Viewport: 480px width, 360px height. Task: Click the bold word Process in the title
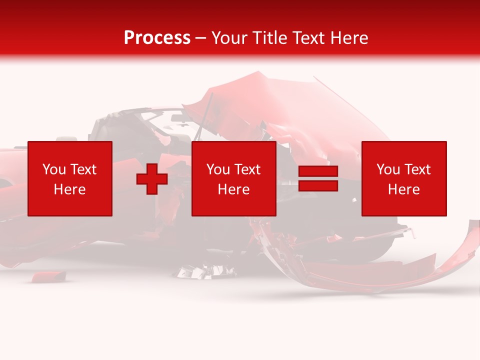coord(157,38)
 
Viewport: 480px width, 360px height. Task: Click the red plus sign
coord(152,179)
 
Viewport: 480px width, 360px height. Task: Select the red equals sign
coord(318,178)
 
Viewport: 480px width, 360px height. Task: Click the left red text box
coord(70,178)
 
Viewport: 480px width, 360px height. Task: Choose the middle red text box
coord(233,178)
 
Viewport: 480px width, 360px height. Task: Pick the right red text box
coord(404,178)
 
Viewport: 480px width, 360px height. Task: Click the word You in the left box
coord(54,169)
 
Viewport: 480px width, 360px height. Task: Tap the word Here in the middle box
coord(233,189)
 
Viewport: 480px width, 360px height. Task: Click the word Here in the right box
coord(404,189)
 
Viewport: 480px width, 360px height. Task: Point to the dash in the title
coord(200,38)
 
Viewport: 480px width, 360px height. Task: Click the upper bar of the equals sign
coord(318,171)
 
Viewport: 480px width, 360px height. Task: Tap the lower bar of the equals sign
coord(318,185)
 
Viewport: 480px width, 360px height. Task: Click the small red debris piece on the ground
coord(48,275)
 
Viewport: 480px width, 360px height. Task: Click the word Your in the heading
coord(229,38)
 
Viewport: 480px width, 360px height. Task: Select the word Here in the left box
coord(69,189)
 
